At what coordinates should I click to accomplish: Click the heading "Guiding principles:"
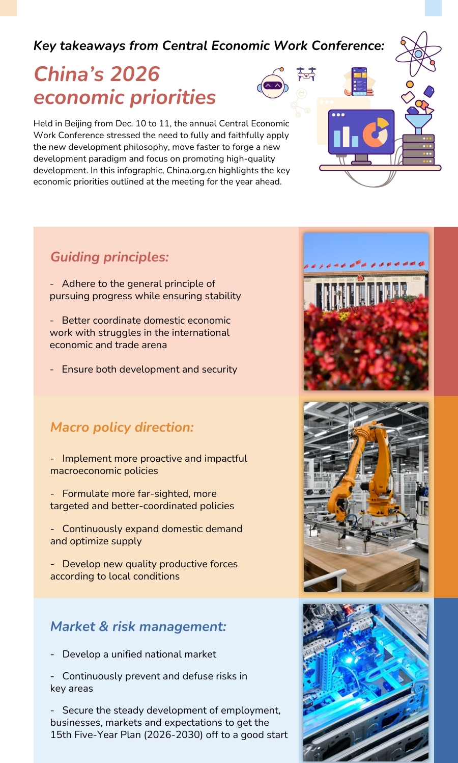109,257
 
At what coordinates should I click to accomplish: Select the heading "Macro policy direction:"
122,427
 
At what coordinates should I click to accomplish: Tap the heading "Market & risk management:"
138,626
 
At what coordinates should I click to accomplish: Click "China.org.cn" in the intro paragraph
191,170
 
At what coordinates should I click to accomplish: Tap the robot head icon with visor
273,85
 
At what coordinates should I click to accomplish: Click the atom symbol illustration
418,54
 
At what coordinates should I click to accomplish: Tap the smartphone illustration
359,81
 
